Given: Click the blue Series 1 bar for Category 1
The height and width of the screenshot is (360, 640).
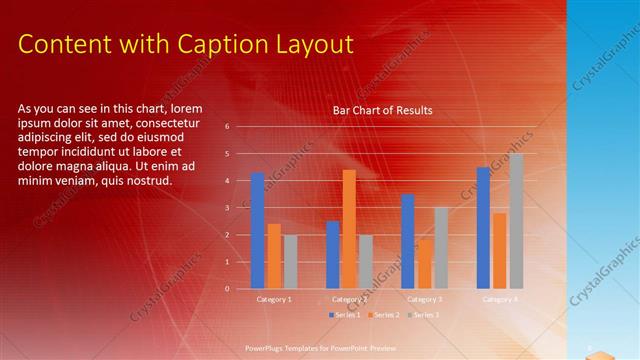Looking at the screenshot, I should (258, 231).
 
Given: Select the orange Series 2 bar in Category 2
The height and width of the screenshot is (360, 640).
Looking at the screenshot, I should (349, 229).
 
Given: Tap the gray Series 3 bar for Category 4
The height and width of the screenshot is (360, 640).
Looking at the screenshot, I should (516, 221).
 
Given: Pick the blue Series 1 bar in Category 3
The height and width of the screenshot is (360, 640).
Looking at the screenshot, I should (408, 241).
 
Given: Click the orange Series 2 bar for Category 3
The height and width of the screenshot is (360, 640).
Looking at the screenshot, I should (425, 264).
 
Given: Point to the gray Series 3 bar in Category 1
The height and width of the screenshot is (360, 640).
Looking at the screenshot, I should (291, 262).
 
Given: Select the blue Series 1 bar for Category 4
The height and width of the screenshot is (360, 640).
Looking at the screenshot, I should (483, 228).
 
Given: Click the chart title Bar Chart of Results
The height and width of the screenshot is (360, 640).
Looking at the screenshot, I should (383, 111).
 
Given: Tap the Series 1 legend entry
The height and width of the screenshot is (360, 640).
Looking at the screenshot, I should (343, 315).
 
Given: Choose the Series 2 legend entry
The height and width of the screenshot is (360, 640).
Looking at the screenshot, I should (384, 315).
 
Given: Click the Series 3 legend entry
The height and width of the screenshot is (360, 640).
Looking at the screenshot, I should (424, 315).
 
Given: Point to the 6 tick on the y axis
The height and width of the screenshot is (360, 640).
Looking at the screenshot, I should (228, 127).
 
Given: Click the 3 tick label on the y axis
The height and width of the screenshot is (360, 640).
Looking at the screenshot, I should (228, 208).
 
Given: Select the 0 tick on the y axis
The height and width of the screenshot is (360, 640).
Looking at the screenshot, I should (228, 289).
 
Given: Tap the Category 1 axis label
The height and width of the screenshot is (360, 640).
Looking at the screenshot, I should (274, 299).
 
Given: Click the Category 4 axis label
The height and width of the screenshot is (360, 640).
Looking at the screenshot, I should (500, 299).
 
